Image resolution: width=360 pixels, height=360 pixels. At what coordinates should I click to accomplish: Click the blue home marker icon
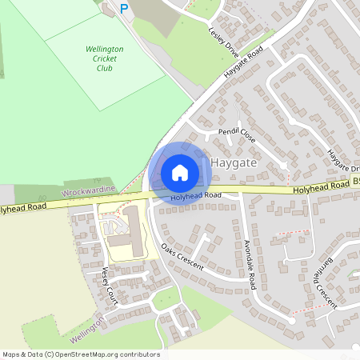click(x=180, y=172)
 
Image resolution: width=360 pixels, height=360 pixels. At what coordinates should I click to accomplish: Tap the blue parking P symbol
click(x=123, y=8)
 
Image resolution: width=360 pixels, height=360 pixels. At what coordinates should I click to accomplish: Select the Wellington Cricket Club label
click(x=104, y=58)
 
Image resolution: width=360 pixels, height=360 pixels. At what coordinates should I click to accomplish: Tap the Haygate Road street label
click(x=243, y=63)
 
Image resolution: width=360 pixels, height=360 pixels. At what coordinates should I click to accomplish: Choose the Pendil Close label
click(x=237, y=134)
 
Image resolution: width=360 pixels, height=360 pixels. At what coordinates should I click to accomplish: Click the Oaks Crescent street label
click(x=182, y=257)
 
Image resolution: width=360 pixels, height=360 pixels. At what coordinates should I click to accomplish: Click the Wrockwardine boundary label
click(x=89, y=192)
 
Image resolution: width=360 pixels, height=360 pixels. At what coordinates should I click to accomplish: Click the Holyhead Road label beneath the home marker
click(x=195, y=195)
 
